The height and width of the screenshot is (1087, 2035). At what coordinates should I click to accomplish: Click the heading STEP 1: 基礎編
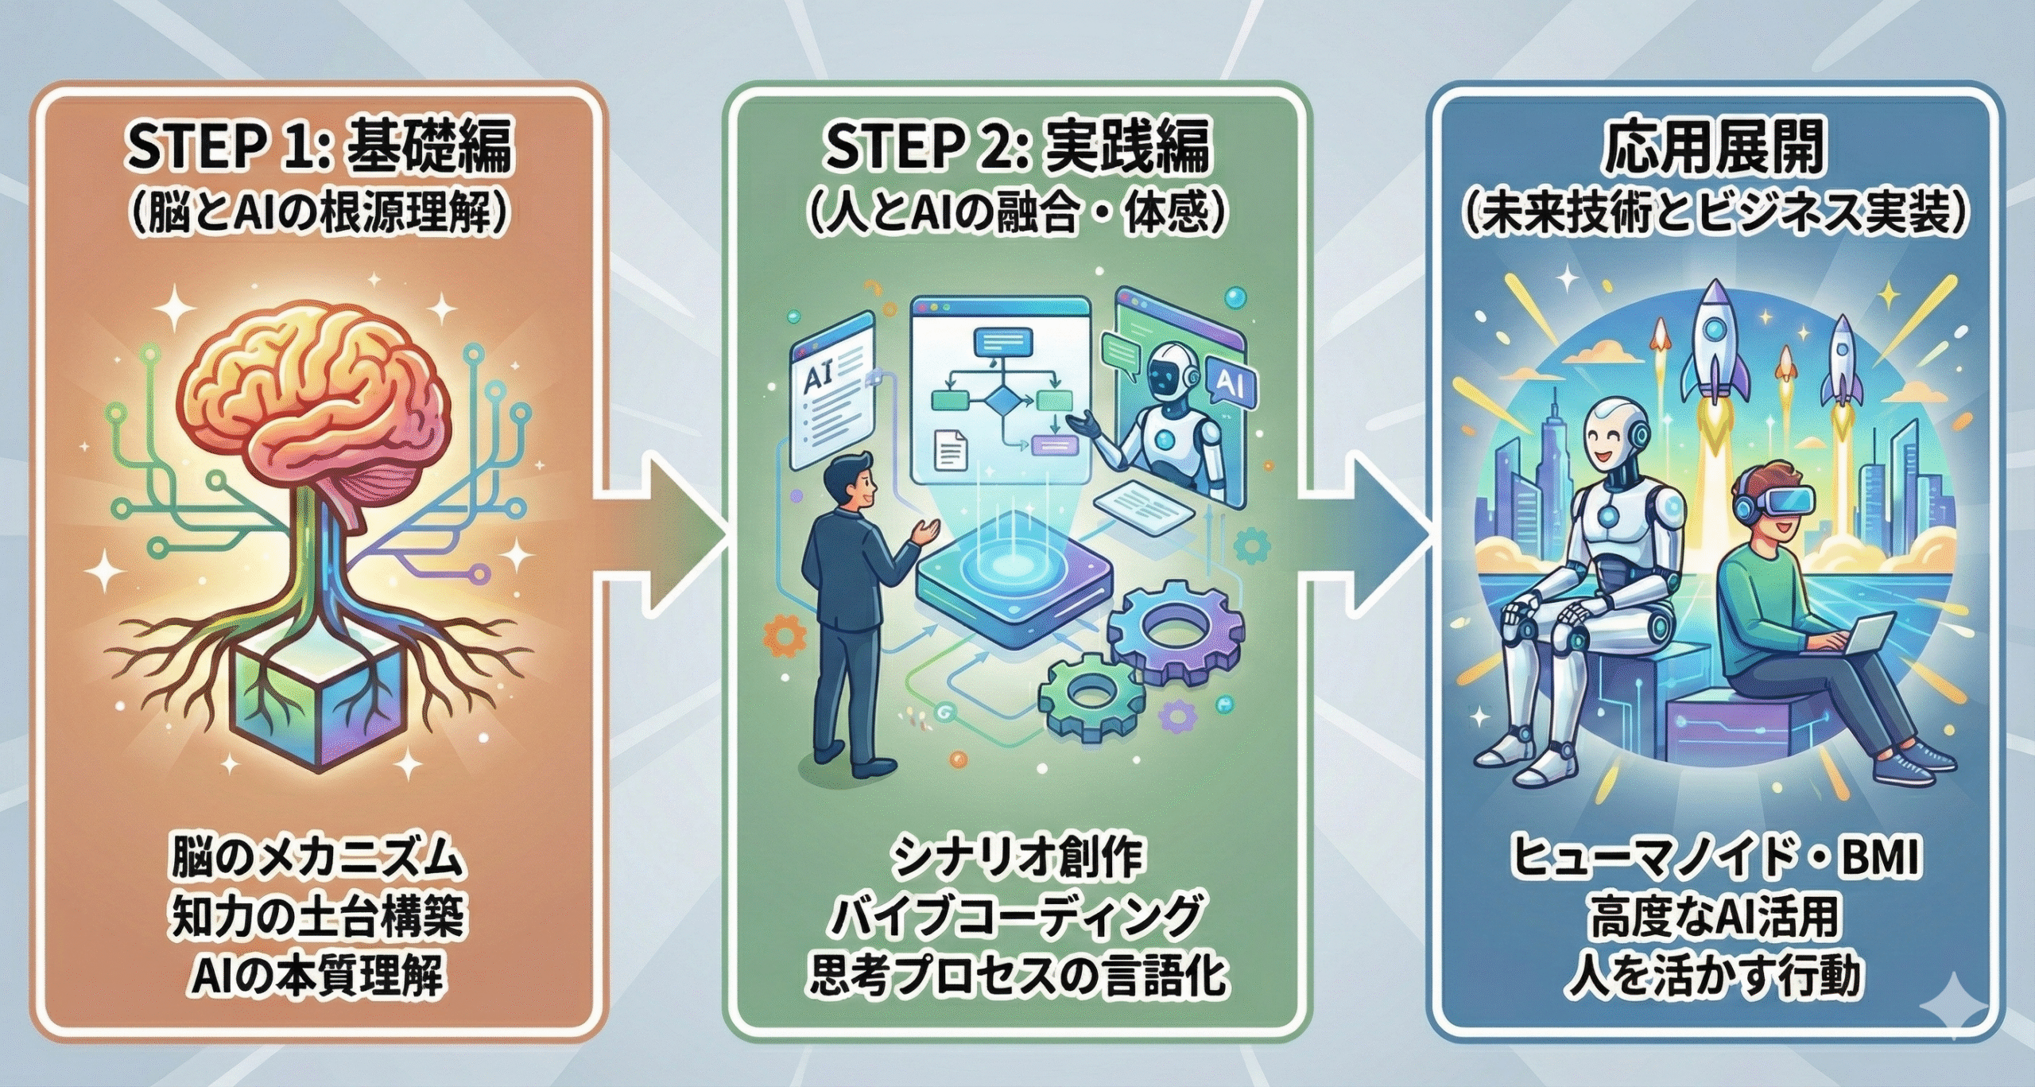coord(319,147)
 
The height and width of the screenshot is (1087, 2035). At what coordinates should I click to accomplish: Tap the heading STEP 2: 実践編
coord(1017,147)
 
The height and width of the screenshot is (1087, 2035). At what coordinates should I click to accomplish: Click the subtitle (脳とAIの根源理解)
coord(319,213)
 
